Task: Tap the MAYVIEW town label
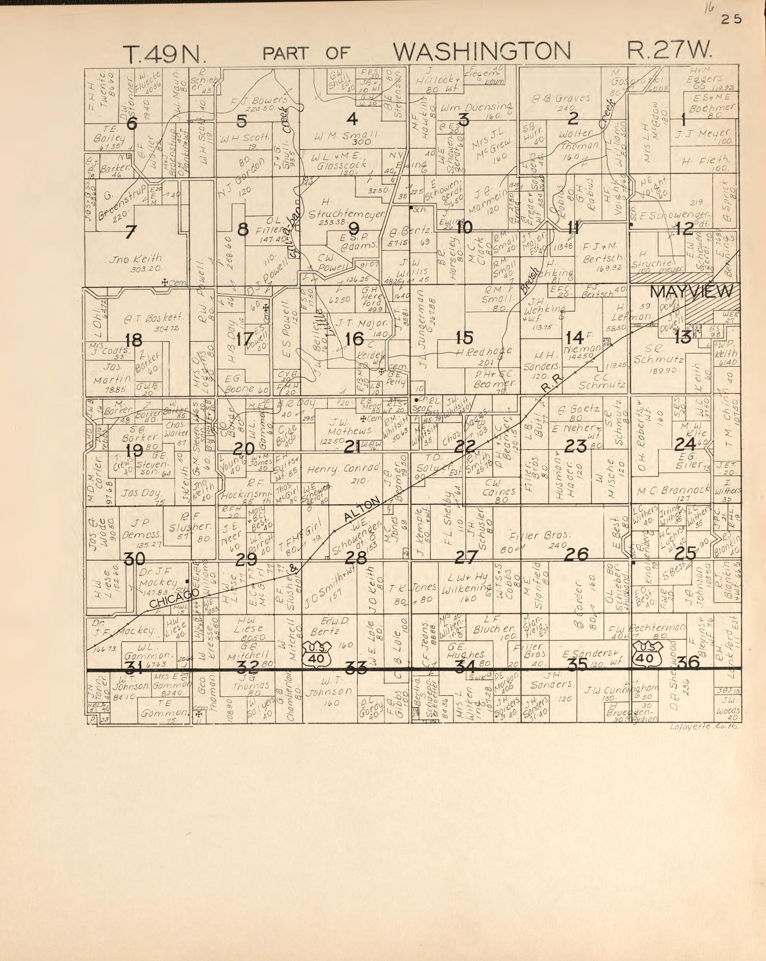pyautogui.click(x=691, y=292)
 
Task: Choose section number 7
pyautogui.click(x=130, y=232)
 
